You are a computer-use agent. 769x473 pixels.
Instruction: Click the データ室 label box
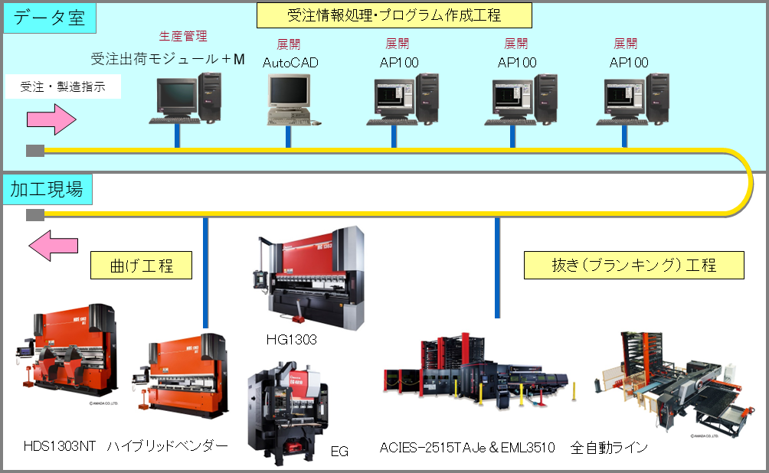coord(49,18)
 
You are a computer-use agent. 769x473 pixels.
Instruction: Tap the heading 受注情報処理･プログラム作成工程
coord(394,15)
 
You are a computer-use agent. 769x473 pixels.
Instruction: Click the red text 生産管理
coord(183,36)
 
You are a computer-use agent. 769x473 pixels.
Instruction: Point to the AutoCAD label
coord(290,63)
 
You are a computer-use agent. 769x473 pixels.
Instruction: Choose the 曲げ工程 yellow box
coord(141,266)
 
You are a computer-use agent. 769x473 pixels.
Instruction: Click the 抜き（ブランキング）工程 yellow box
coord(634,265)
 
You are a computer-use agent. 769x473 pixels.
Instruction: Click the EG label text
coord(339,451)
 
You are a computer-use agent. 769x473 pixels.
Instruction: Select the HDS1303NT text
coord(60,447)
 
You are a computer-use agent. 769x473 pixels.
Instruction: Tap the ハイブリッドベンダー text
coord(168,447)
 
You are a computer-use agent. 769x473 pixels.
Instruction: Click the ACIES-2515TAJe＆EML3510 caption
coord(467,448)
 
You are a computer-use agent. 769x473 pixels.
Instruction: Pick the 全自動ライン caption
coord(609,448)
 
